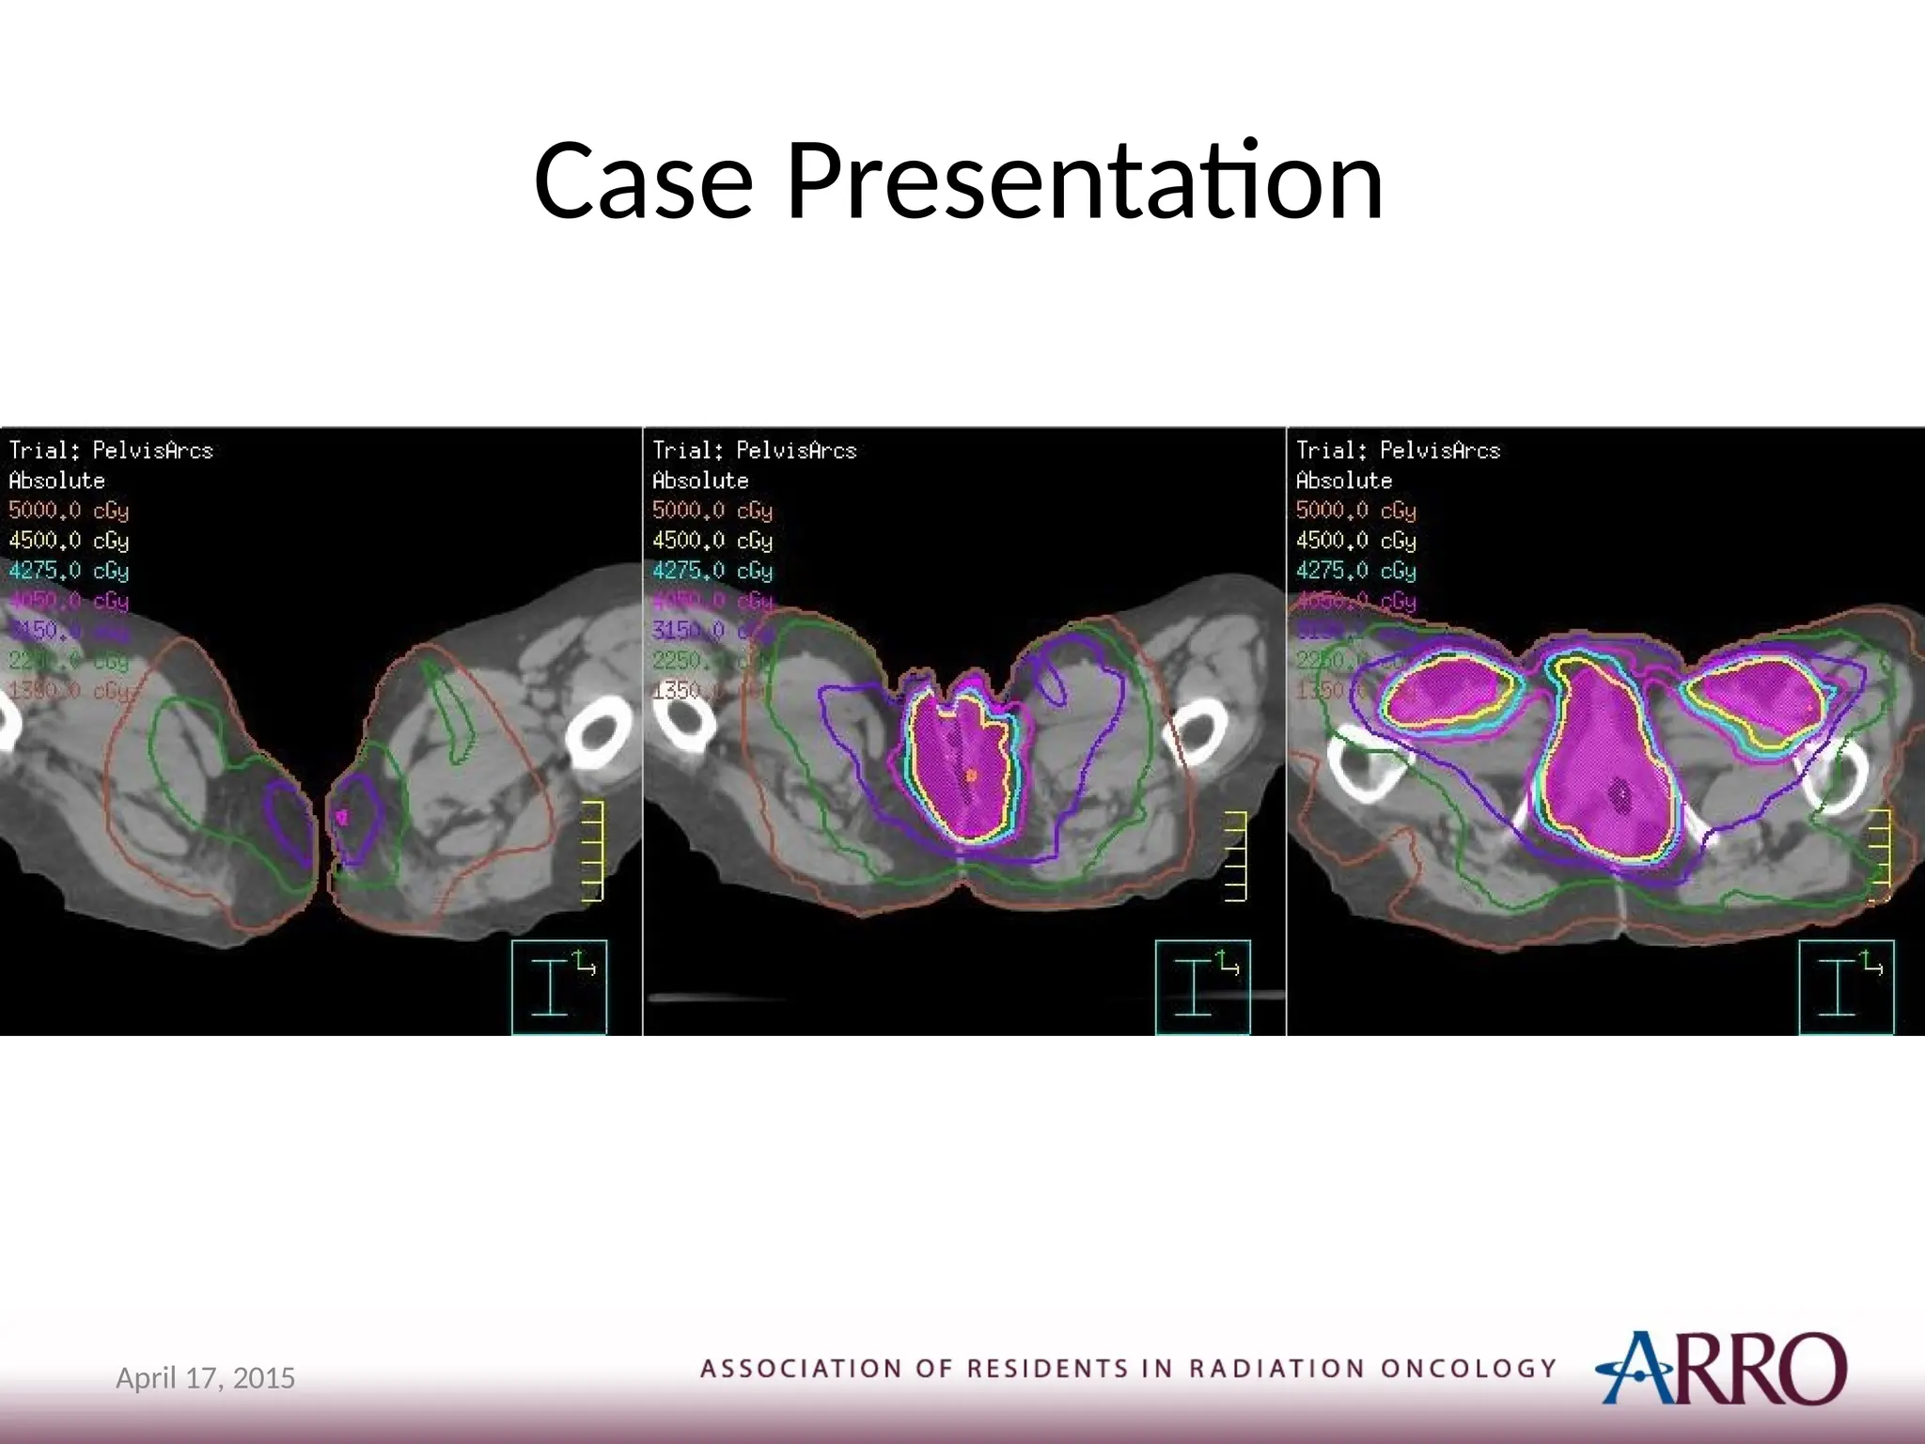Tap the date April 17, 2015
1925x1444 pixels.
click(x=205, y=1378)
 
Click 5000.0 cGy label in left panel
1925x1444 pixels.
click(x=69, y=510)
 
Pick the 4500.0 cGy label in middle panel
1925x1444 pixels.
click(x=712, y=541)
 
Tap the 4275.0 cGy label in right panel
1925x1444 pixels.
click(x=1355, y=571)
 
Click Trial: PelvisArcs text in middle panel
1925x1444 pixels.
click(x=754, y=450)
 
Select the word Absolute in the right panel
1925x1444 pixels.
click(x=1343, y=480)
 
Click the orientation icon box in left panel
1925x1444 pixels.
click(x=559, y=986)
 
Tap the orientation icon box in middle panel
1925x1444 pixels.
click(x=1202, y=986)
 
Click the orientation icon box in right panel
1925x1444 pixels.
click(x=1846, y=986)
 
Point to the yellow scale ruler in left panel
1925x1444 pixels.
click(x=592, y=852)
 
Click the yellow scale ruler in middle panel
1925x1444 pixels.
click(x=1236, y=855)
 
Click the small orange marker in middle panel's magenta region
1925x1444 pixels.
click(x=971, y=776)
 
